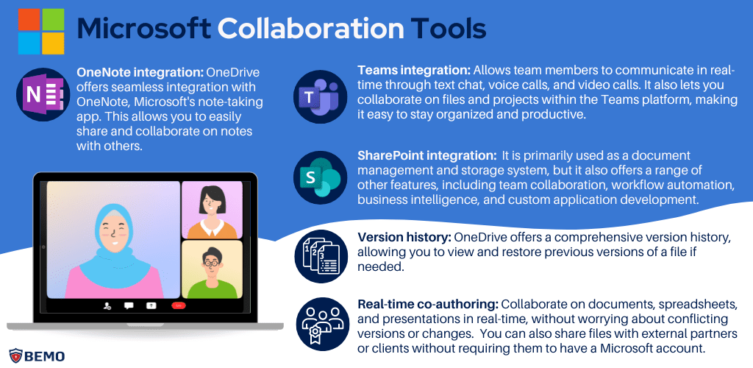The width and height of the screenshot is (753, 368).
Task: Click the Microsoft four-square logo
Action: pos(40,30)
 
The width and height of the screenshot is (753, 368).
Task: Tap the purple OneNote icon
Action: pos(41,96)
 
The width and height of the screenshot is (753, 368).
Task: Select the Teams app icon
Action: pos(320,96)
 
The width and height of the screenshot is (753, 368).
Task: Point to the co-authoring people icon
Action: pos(320,324)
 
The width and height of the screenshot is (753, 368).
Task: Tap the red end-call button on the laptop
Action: pos(177,304)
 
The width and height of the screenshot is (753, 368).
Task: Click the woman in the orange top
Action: pos(210,210)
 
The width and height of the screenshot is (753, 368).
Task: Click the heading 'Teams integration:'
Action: pos(413,70)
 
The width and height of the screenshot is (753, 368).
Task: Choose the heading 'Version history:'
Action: pos(404,238)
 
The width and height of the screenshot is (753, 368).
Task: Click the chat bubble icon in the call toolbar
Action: pos(129,304)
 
